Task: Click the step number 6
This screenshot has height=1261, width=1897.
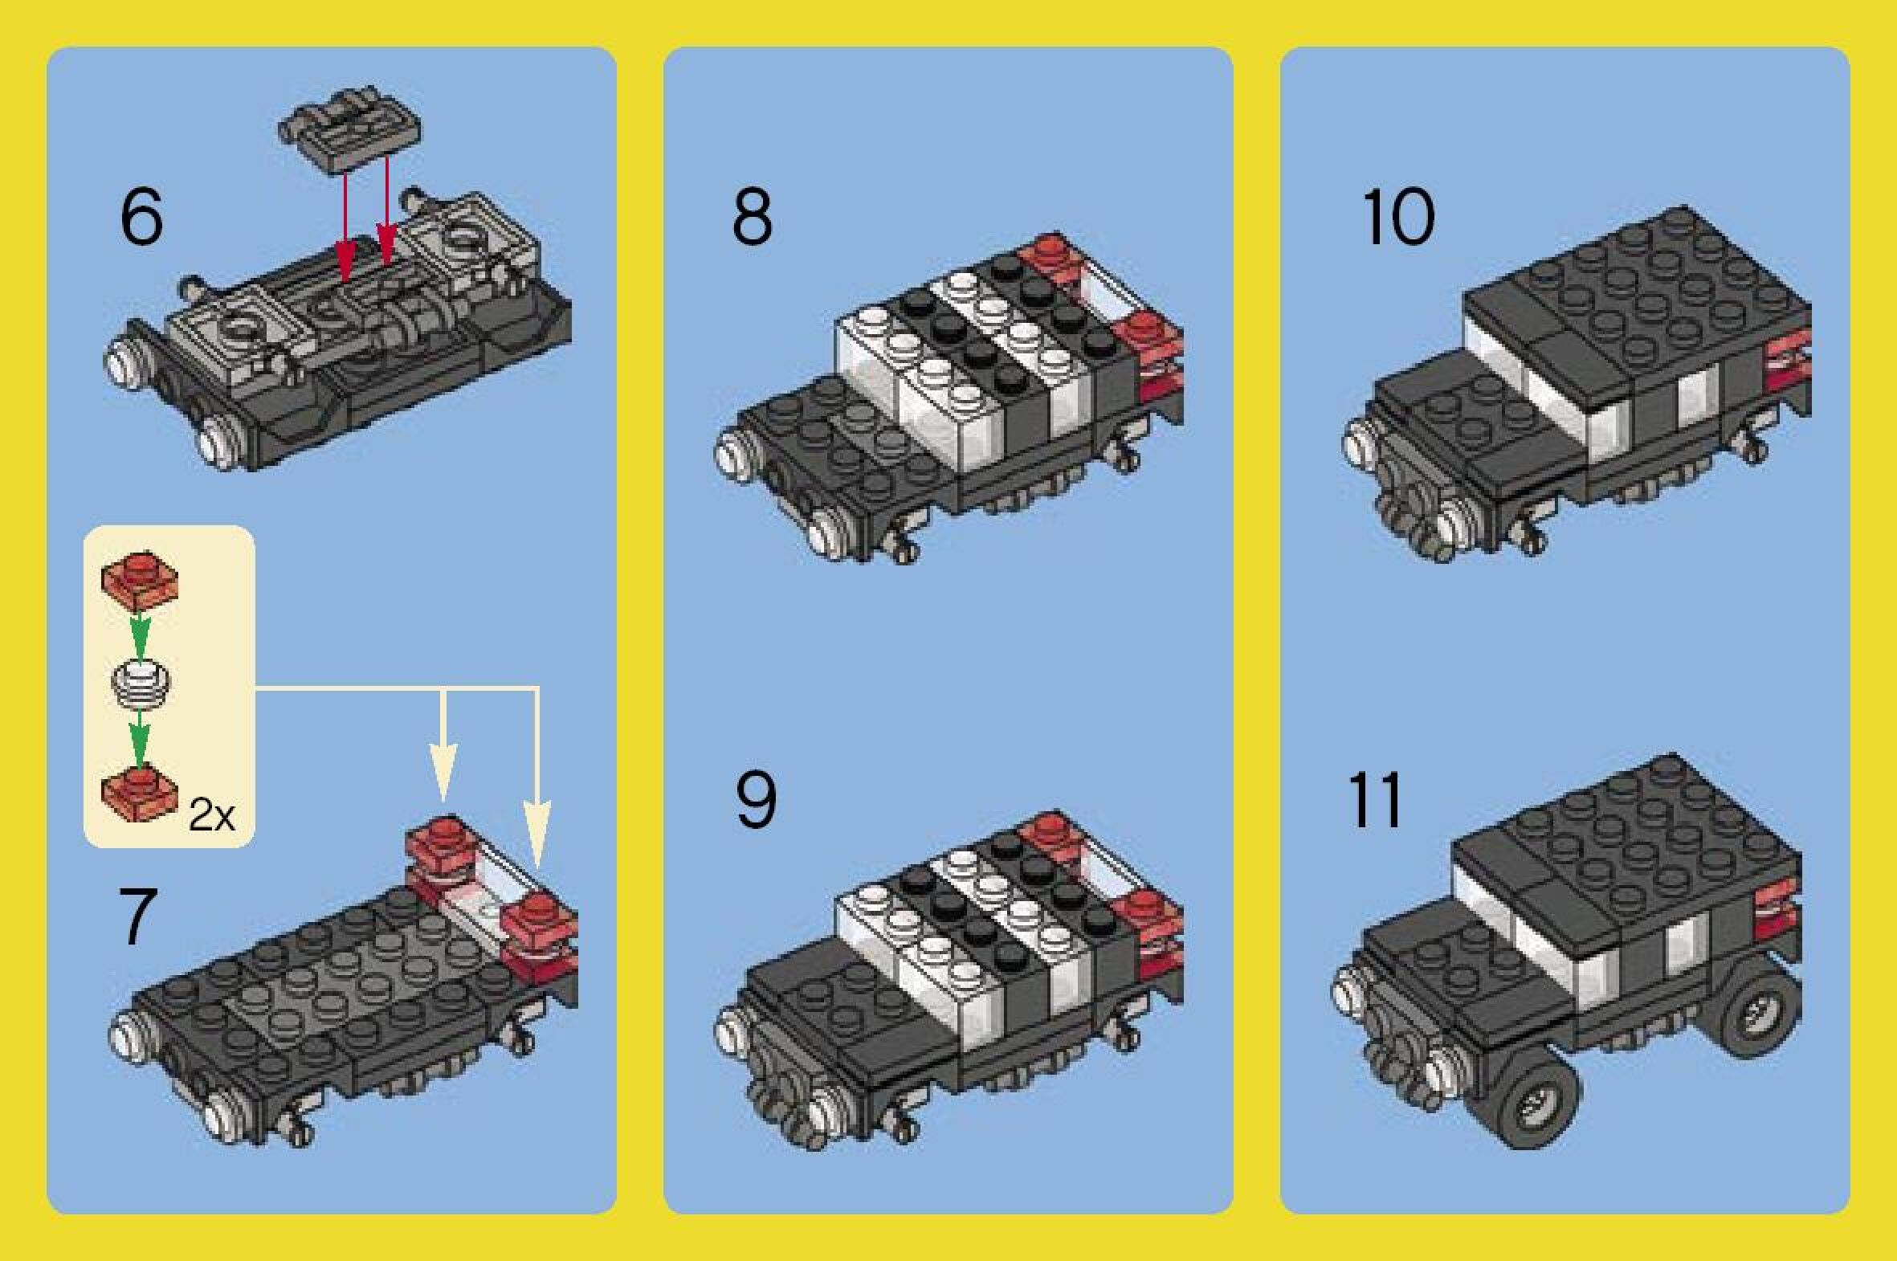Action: pos(141,217)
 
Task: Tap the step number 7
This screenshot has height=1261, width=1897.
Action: pos(137,916)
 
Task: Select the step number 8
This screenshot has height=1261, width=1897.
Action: pos(752,217)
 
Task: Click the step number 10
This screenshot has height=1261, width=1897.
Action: pos(1397,217)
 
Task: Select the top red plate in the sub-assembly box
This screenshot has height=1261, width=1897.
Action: pos(140,579)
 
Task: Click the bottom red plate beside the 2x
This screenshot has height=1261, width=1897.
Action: pos(140,795)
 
